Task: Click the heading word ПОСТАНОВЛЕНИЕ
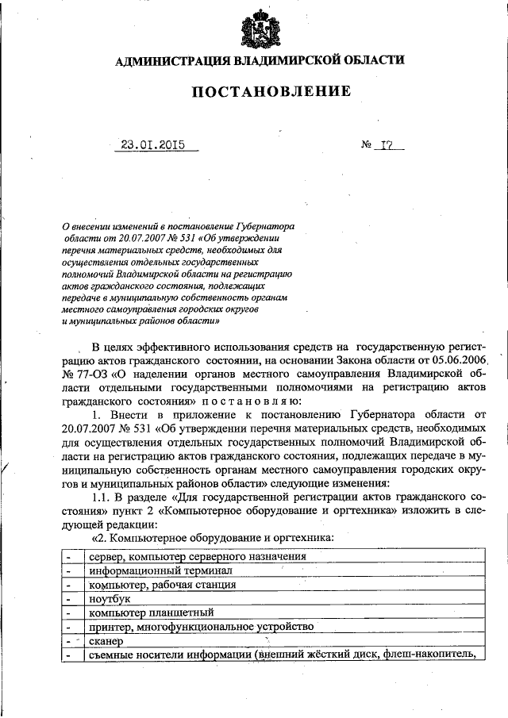[271, 92]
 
